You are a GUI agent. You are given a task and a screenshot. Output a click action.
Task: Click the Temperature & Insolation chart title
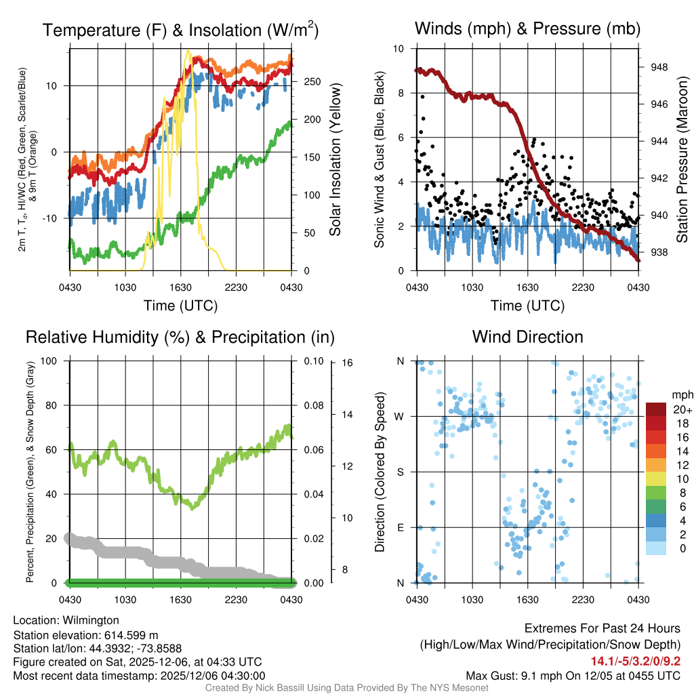tap(180, 30)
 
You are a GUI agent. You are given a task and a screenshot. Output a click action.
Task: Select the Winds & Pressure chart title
tap(527, 28)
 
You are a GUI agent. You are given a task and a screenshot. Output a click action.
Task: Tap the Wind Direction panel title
tap(527, 337)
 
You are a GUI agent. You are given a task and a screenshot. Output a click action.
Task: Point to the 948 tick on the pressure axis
tap(658, 67)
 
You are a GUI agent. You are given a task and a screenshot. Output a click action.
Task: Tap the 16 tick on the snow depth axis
tap(347, 363)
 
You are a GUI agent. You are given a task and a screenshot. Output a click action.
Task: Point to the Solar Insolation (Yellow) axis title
tap(335, 160)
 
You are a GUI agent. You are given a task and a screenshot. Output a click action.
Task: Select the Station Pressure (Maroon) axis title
tap(682, 160)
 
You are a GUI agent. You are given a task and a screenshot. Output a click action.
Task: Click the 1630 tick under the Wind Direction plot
tap(527, 599)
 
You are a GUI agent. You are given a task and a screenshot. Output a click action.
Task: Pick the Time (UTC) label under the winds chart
tap(527, 306)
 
